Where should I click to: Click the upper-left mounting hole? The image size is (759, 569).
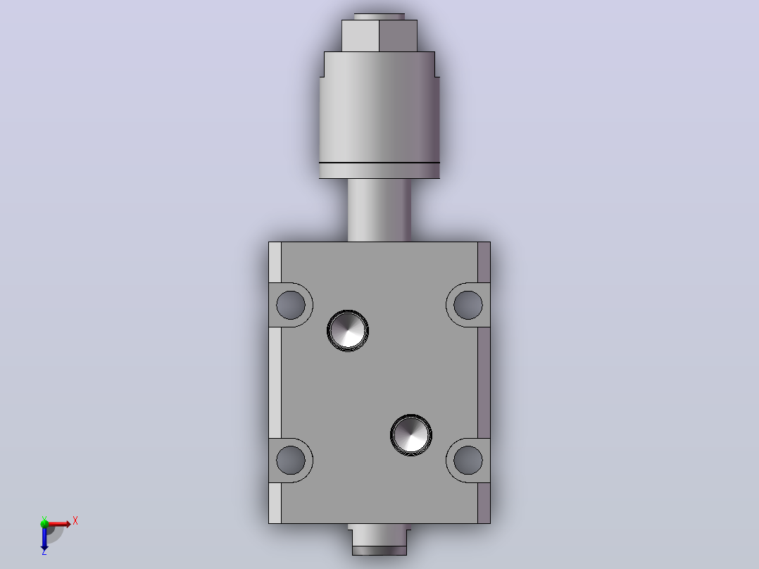[x=291, y=305]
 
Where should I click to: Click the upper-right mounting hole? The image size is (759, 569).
[x=468, y=305]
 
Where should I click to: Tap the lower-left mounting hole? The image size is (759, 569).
[x=291, y=460]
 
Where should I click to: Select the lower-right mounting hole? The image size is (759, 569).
[x=468, y=460]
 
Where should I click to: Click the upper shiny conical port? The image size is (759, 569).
[x=348, y=331]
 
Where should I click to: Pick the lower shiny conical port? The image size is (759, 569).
[x=411, y=435]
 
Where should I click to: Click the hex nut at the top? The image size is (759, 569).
[x=379, y=36]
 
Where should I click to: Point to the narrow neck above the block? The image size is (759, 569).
[x=379, y=210]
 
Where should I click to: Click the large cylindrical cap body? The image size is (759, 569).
[x=379, y=106]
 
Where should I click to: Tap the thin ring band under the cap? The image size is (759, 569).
[x=379, y=170]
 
